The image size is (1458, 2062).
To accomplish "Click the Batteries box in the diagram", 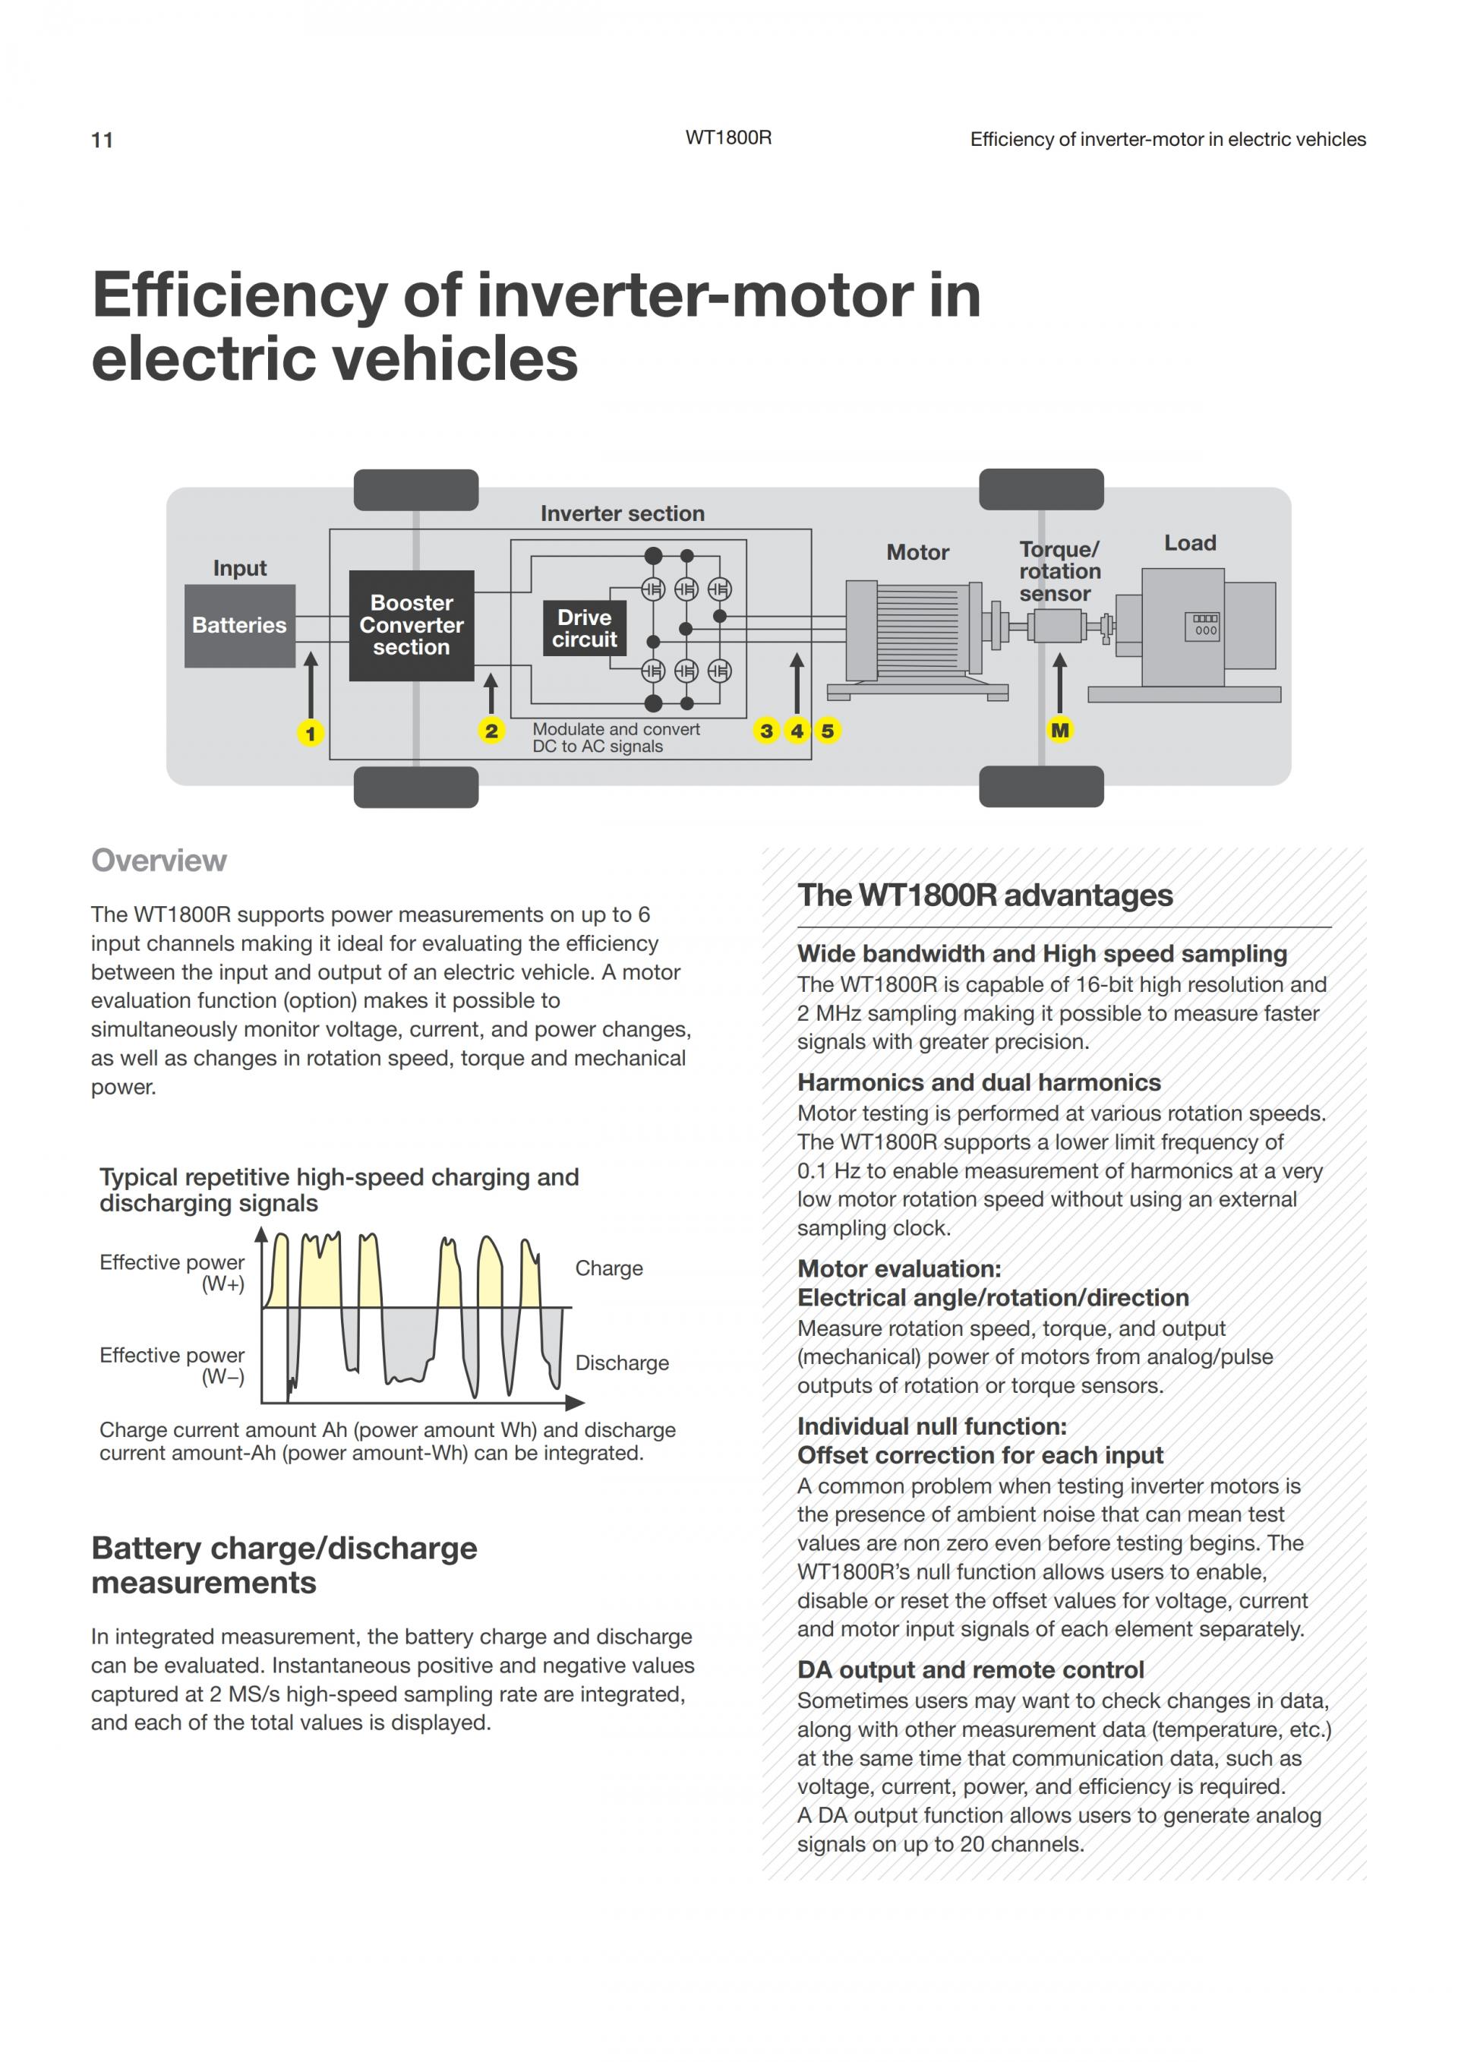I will pos(240,625).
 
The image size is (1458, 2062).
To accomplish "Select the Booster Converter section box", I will pos(411,625).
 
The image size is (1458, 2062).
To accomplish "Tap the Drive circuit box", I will pos(585,629).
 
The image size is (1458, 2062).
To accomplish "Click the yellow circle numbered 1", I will pos(311,734).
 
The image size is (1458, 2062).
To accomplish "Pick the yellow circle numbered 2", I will pos(491,731).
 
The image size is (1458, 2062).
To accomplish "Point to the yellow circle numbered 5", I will pos(828,731).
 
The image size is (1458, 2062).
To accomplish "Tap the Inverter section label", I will pos(622,513).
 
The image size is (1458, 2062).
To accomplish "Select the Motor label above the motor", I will pos(917,552).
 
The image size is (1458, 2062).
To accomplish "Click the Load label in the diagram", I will pos(1190,543).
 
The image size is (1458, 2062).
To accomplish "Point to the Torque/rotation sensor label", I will pos(1059,571).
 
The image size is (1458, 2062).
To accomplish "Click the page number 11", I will pos(103,140).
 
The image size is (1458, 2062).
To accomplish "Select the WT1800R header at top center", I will pos(728,138).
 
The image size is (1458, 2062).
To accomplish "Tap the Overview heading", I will pos(159,860).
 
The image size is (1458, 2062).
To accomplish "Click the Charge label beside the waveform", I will pos(609,1268).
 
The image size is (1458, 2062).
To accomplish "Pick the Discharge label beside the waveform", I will pos(621,1363).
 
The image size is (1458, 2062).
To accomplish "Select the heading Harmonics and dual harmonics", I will pos(979,1082).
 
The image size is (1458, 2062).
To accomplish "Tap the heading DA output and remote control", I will pos(970,1669).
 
